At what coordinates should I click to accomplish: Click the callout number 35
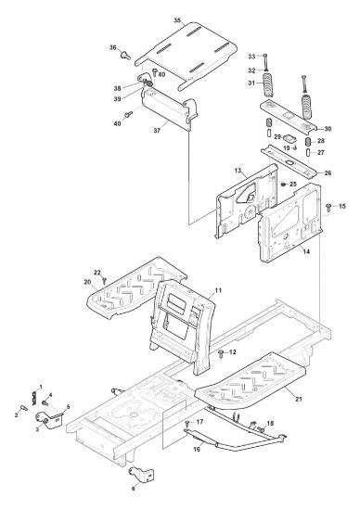click(x=177, y=20)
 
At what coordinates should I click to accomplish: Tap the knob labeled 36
click(x=125, y=55)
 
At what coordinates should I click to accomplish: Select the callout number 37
click(x=157, y=131)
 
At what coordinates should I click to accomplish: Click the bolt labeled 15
click(x=328, y=207)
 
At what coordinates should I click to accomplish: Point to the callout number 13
click(x=238, y=171)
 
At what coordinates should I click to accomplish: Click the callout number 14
click(x=306, y=251)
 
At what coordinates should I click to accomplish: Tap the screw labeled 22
click(x=105, y=279)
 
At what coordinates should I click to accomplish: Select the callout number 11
click(x=218, y=290)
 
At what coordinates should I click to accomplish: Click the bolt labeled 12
click(x=222, y=353)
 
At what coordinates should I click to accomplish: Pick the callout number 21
click(x=299, y=399)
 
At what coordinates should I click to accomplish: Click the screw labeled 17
click(x=187, y=424)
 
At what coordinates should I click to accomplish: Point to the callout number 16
click(x=197, y=449)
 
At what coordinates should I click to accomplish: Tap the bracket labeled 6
click(x=142, y=474)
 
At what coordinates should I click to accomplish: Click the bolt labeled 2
click(x=24, y=407)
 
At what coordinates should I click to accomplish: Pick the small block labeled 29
click(x=289, y=138)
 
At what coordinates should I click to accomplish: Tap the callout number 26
click(x=328, y=172)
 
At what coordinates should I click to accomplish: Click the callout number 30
click(x=328, y=129)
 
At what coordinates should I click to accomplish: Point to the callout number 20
click(x=87, y=282)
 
